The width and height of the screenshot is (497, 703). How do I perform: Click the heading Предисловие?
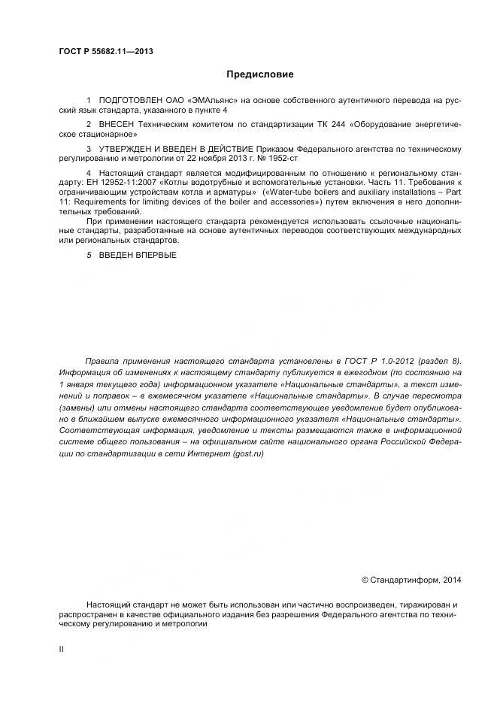pos(259,74)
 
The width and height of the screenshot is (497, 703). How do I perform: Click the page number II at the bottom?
pos(62,649)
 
